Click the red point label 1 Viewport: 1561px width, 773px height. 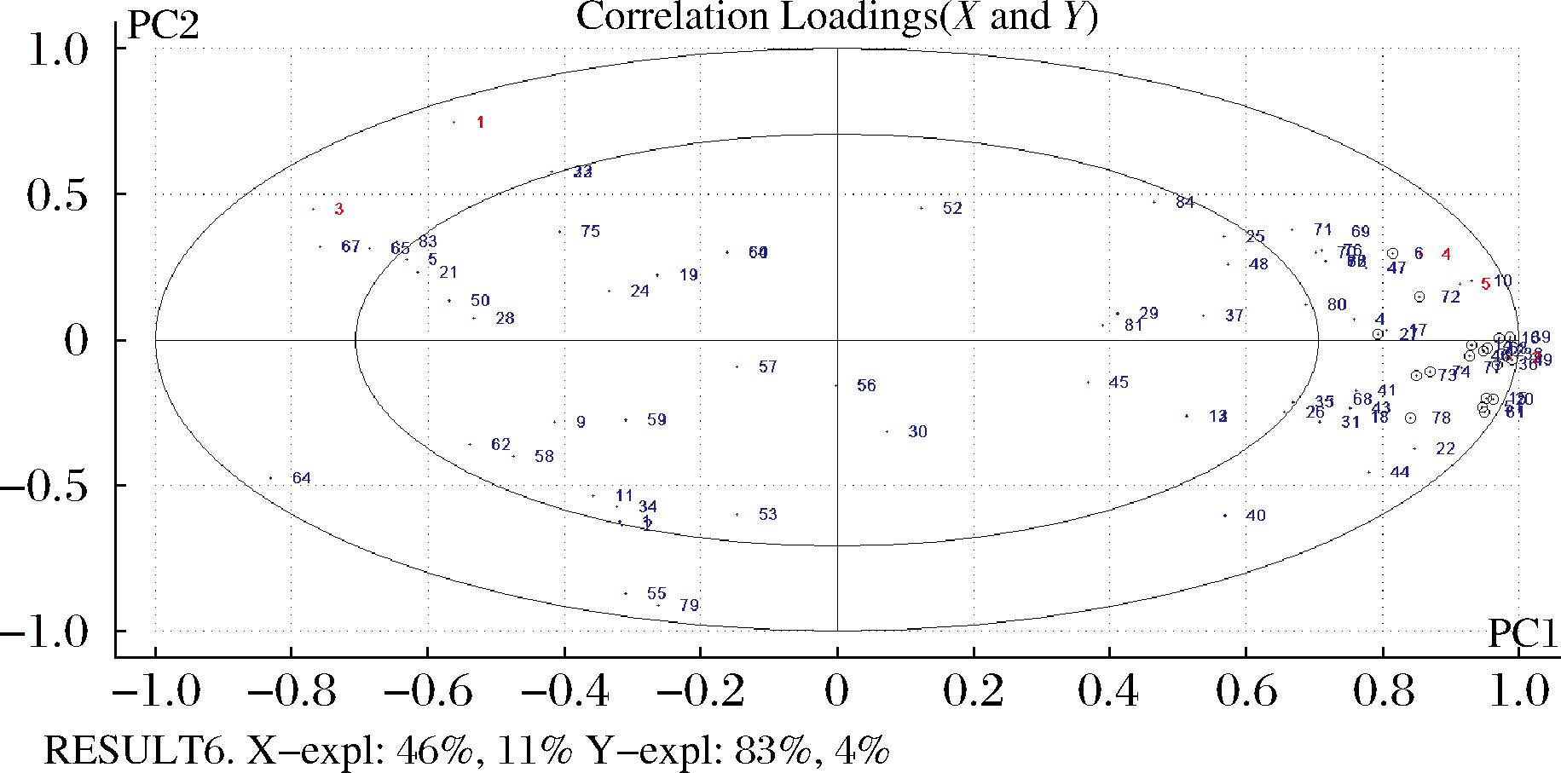click(480, 123)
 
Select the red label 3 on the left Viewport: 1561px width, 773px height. click(338, 210)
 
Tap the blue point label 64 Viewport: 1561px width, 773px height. click(301, 478)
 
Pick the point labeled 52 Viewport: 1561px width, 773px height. click(952, 209)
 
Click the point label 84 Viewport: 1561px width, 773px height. click(1184, 203)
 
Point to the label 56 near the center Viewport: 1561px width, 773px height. click(866, 386)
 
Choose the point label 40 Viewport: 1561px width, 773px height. click(1255, 516)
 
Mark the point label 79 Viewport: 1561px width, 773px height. click(689, 606)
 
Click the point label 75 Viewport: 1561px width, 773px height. click(590, 232)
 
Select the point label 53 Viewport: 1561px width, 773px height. click(767, 515)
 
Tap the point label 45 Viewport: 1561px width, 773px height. click(1119, 383)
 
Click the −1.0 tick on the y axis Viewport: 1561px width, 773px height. click(44, 632)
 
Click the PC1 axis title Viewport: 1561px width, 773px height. click(1522, 634)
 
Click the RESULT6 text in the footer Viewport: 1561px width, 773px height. click(139, 752)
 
